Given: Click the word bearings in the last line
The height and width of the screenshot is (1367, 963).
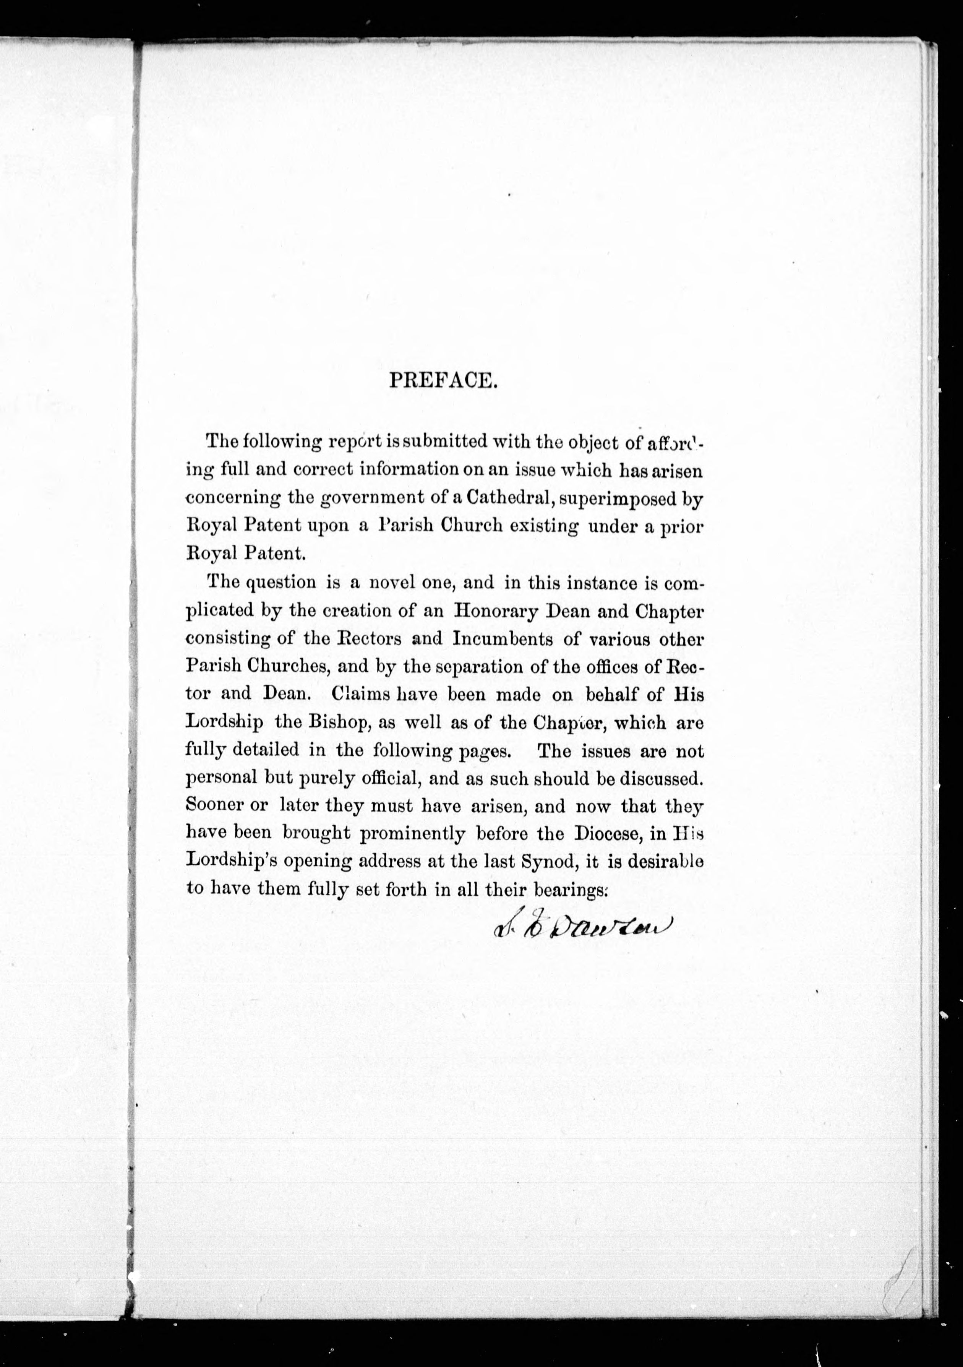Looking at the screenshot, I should click(570, 890).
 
